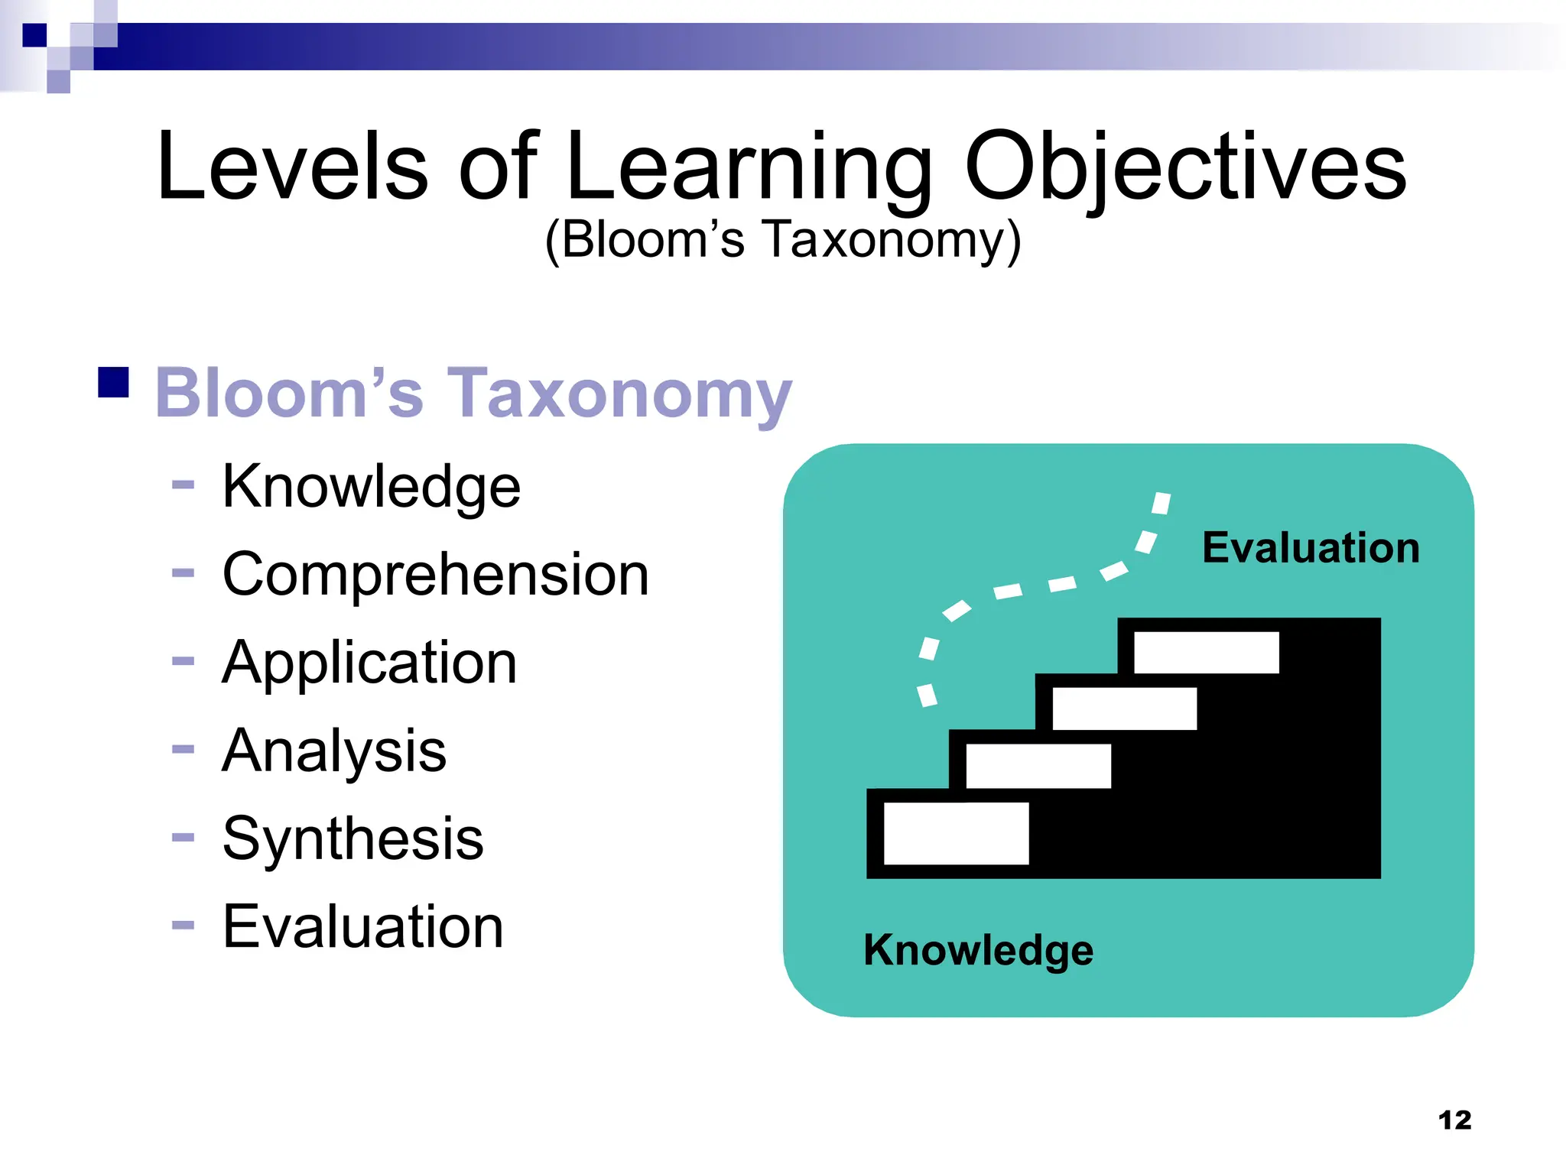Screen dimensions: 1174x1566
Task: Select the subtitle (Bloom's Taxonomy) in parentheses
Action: point(783,240)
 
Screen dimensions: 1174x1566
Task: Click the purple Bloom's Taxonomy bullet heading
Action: point(473,393)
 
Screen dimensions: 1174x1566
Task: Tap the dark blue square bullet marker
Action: point(113,382)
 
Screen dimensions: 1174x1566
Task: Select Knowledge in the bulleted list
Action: point(371,486)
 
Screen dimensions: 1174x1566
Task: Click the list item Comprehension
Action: point(435,574)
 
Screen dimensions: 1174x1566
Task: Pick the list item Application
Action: point(369,662)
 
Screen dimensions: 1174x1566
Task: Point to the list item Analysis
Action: point(334,750)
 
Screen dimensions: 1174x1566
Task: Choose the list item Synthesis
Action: point(353,838)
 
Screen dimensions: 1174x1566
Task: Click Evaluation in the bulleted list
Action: point(362,926)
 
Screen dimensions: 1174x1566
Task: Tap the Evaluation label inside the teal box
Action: point(1311,547)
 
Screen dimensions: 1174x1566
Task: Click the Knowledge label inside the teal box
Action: point(978,950)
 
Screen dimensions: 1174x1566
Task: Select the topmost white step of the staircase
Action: point(1206,652)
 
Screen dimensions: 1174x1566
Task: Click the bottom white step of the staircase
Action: point(956,833)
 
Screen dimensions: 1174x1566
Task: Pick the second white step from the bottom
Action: point(1038,766)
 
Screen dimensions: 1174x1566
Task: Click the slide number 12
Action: point(1454,1120)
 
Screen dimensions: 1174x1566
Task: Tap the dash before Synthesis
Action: point(184,838)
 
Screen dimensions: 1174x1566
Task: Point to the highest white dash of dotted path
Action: point(1161,503)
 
